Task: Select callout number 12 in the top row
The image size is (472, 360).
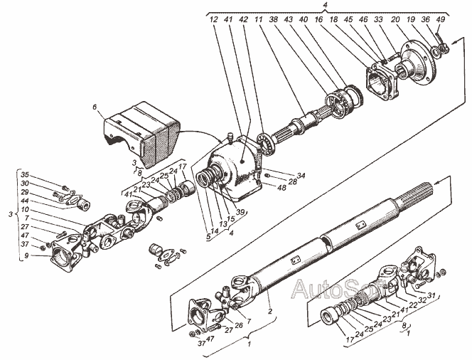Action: [213, 21]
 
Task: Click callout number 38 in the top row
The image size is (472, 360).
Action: [274, 21]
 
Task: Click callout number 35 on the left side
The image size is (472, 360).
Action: [25, 174]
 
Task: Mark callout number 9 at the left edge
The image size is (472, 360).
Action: [25, 255]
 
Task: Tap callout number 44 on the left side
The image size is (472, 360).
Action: [25, 201]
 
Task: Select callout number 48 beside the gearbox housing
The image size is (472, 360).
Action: [283, 189]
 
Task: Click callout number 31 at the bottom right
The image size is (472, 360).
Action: [430, 299]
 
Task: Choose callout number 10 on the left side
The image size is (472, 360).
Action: [25, 211]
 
